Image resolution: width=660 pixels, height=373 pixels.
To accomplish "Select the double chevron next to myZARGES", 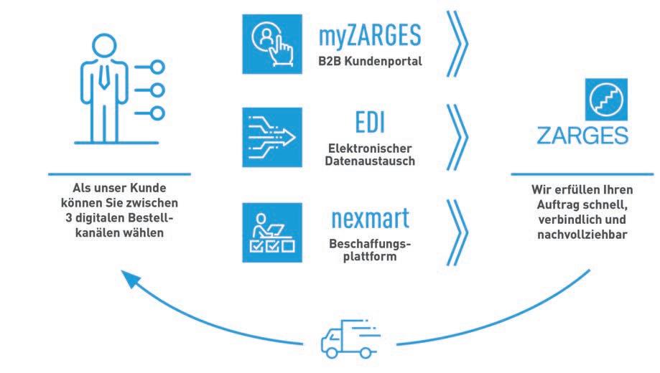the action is pos(457,42).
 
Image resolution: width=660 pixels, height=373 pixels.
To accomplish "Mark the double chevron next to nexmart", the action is pos(457,229).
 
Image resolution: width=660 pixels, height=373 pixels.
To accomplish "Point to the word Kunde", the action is pos(154,192).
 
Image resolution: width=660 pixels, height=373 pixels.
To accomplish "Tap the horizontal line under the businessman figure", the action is pos(119,174).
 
